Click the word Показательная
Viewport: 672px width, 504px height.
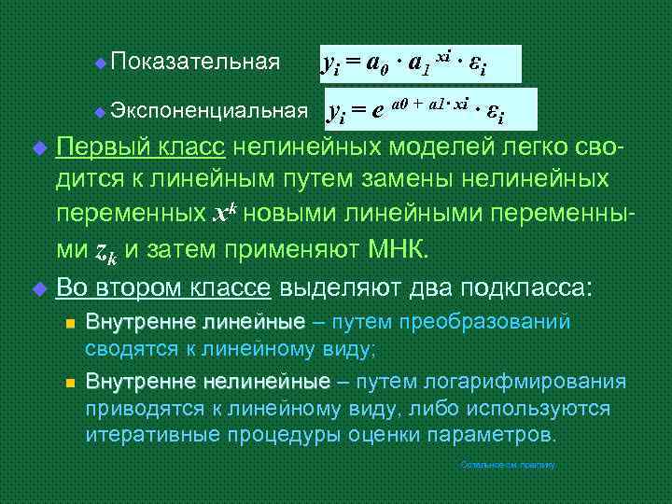194,63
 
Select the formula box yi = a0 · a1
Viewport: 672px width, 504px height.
420,63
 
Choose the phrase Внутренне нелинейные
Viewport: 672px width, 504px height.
207,383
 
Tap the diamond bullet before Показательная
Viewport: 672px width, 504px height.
100,63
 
